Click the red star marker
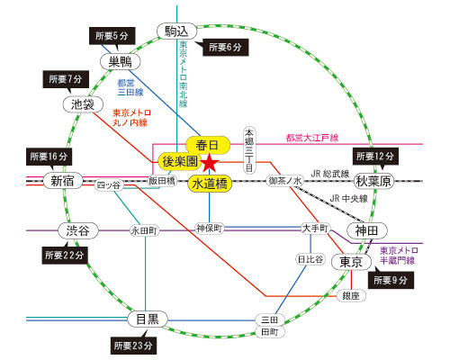(210, 163)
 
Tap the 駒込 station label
(177, 31)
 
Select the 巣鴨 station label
(121, 62)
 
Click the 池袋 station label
(83, 104)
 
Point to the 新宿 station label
(62, 181)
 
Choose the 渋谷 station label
(78, 230)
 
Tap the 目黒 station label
(148, 319)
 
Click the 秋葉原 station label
(373, 181)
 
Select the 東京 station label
(351, 262)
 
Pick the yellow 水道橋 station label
(210, 184)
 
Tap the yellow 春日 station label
(208, 145)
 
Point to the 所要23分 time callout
(133, 346)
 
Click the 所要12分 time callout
(375, 157)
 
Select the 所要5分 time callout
(112, 36)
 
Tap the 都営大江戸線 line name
(312, 138)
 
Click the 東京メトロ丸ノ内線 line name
(131, 118)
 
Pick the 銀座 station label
(351, 296)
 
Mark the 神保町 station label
(210, 229)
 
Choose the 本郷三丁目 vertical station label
(249, 150)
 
